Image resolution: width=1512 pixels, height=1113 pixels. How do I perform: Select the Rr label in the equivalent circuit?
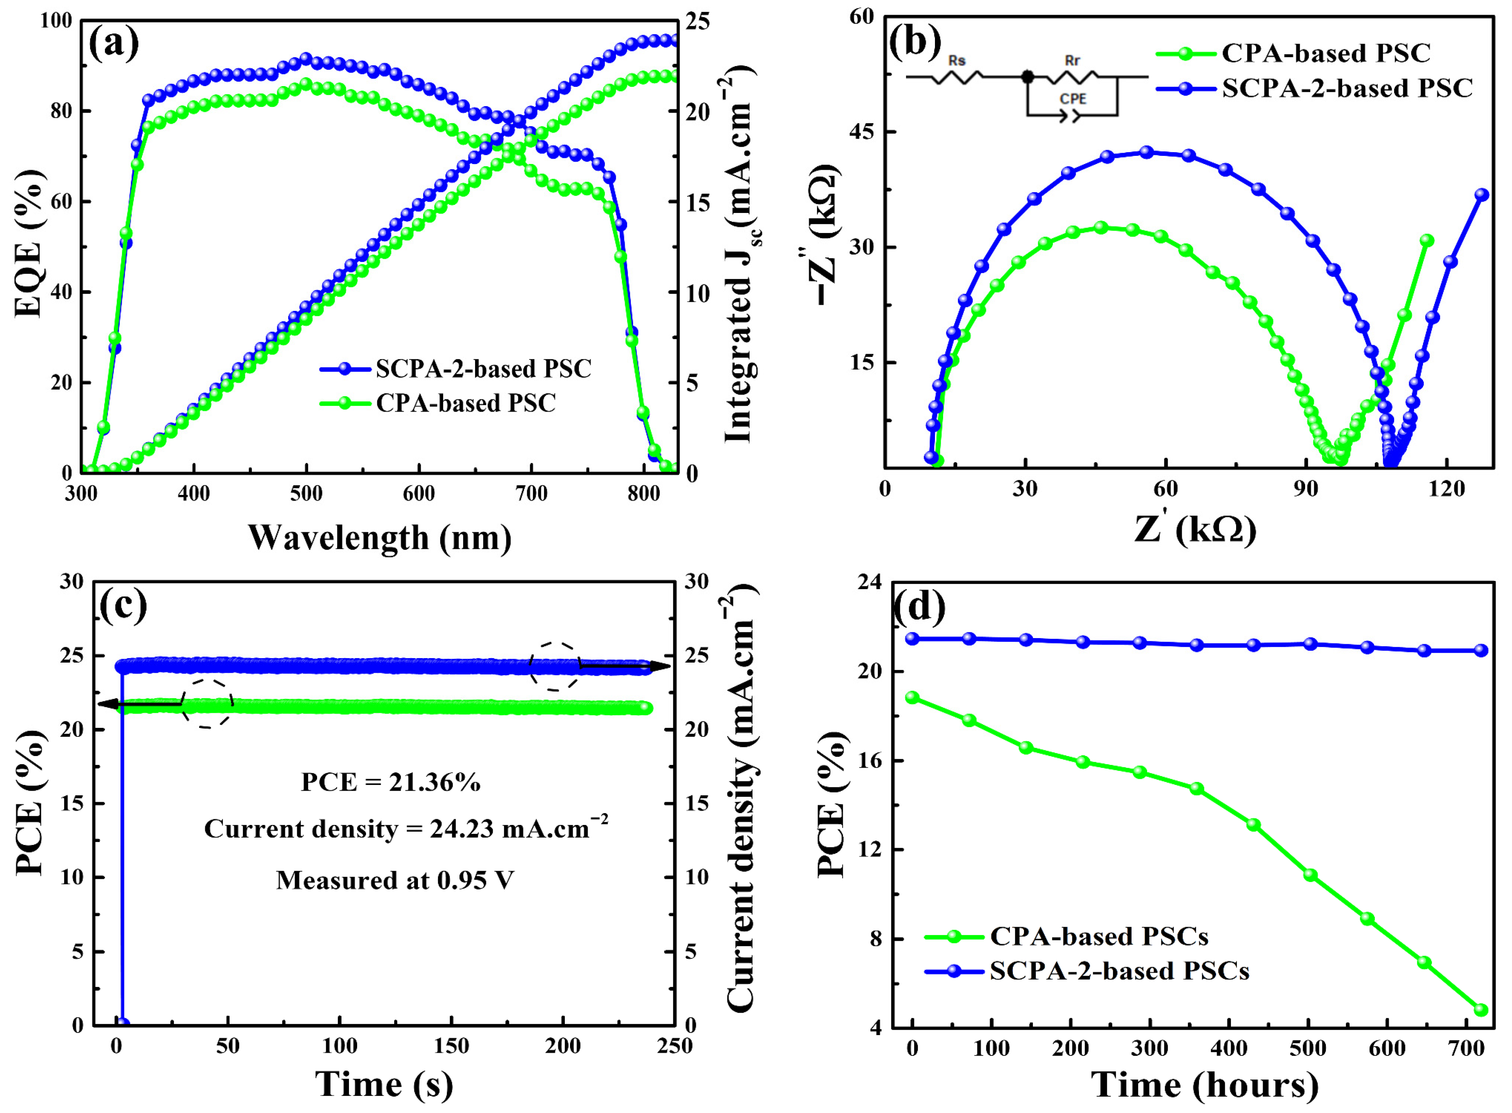pos(1072,61)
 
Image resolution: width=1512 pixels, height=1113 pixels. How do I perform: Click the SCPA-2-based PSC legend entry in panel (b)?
pos(1314,88)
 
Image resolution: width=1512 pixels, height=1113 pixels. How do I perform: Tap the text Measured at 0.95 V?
pos(395,880)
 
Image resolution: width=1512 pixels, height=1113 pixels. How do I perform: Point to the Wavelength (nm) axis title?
pos(380,538)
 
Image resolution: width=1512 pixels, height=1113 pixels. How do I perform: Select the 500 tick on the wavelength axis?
pos(306,494)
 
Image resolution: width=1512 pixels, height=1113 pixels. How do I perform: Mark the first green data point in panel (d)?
pos(913,698)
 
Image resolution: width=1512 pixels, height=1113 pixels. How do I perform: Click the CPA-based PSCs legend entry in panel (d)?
pos(1098,936)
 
